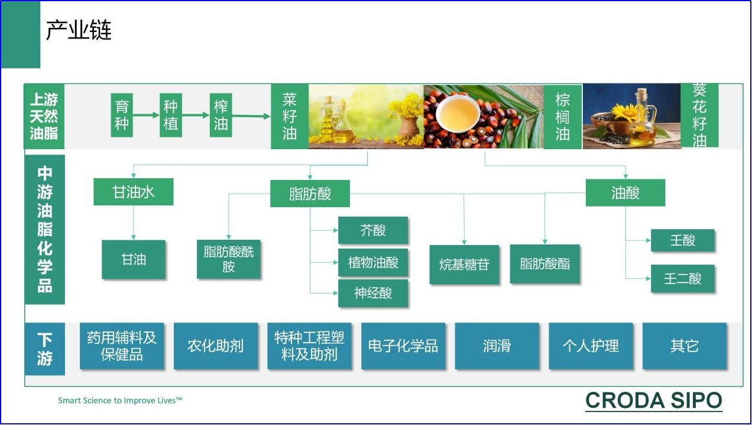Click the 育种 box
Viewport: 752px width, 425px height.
(122, 115)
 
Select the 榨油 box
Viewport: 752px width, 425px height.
(221, 115)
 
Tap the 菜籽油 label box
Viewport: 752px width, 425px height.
(290, 116)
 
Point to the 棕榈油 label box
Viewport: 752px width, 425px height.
(562, 117)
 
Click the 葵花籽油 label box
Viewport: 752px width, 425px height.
(699, 115)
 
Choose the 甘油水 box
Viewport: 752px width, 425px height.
(134, 192)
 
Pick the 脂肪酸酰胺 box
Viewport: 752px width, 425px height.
(229, 259)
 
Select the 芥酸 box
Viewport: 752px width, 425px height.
(373, 230)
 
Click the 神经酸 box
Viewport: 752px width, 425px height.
(373, 293)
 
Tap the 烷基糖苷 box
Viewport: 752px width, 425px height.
(464, 265)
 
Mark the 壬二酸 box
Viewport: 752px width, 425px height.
(683, 279)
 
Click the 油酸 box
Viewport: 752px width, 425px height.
(625, 193)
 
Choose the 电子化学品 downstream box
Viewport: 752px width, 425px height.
(403, 346)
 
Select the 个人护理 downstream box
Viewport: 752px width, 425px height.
(591, 346)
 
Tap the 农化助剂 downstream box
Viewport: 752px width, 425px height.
(216, 346)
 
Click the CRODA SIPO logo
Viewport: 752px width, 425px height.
(653, 401)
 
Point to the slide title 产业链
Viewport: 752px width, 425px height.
(79, 30)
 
